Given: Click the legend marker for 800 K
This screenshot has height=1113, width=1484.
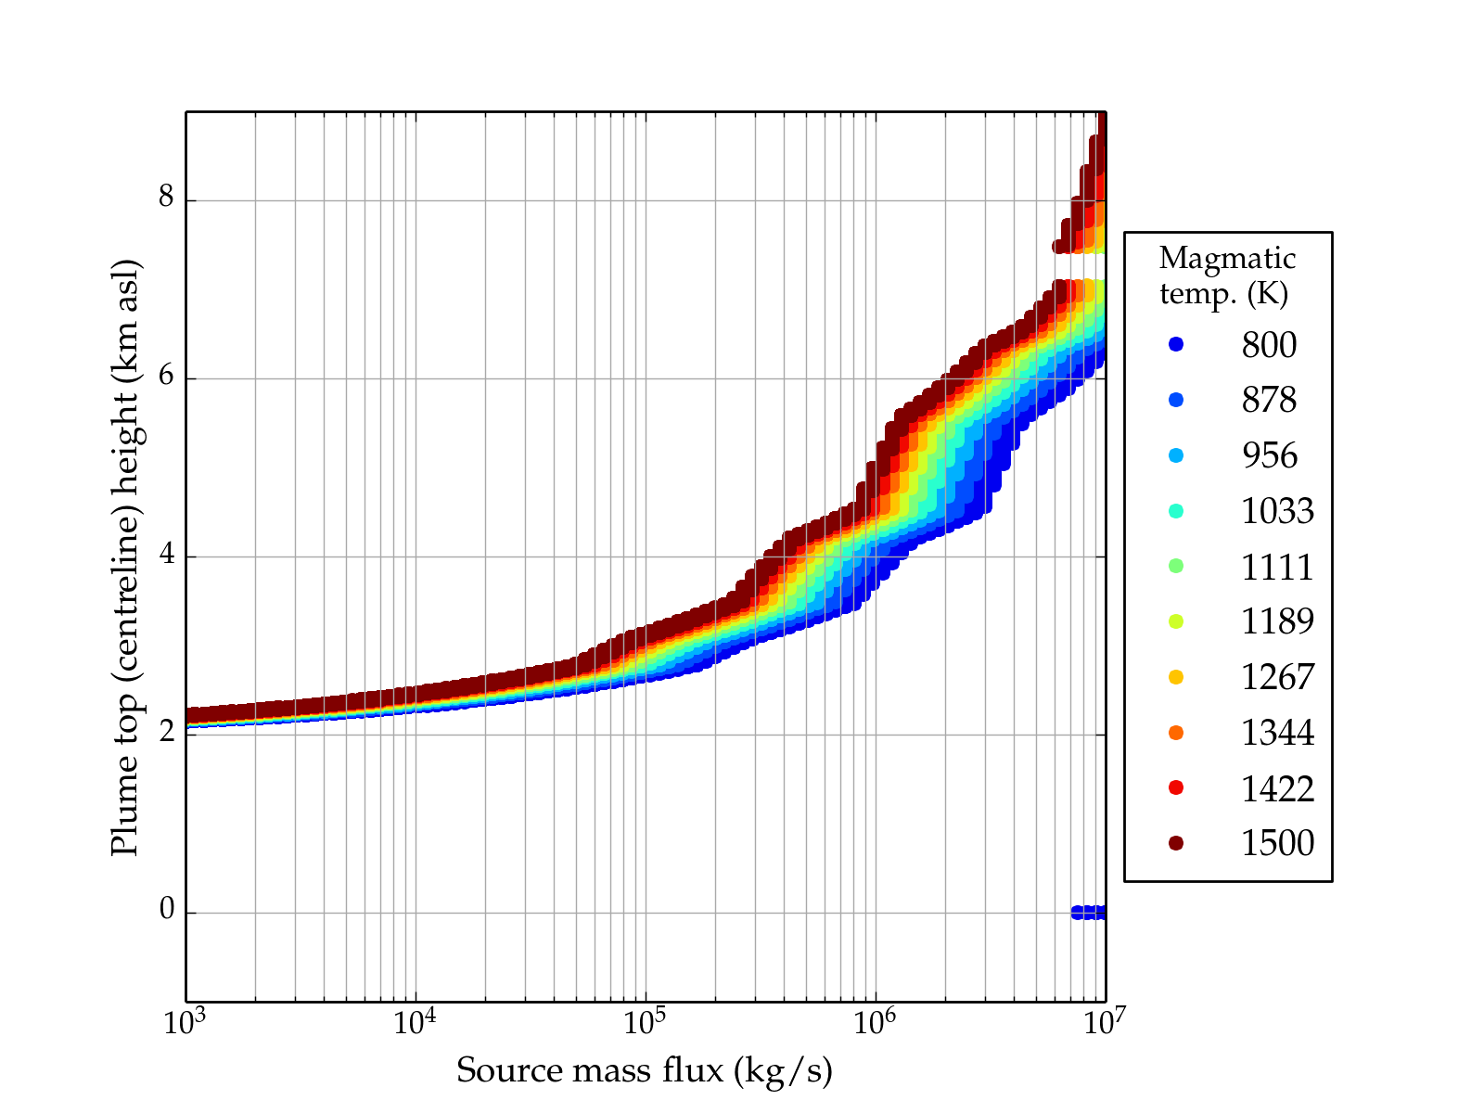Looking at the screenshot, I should [x=1176, y=344].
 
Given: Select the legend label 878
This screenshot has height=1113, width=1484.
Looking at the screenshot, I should [x=1269, y=400].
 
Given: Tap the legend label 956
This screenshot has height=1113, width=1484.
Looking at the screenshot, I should [x=1269, y=455].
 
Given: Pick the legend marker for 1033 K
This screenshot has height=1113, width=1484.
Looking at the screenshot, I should [x=1176, y=510].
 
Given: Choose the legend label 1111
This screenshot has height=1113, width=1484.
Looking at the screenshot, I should [x=1277, y=566].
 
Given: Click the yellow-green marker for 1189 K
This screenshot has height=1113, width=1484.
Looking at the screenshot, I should [x=1176, y=621].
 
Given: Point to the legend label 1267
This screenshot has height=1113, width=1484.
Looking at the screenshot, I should [x=1277, y=677].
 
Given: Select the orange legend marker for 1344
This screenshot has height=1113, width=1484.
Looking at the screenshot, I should [x=1176, y=733].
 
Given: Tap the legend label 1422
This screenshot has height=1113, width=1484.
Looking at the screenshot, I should [x=1277, y=788].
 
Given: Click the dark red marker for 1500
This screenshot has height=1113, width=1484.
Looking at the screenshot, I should [x=1176, y=842].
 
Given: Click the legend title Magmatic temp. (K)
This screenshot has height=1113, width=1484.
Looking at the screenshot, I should [x=1227, y=275].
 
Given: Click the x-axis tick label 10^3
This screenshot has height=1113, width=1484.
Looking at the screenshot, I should [x=185, y=1022].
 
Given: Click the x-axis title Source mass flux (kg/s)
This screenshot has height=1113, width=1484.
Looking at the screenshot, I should [x=645, y=1070].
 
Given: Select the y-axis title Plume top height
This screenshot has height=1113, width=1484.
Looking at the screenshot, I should [x=125, y=556].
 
